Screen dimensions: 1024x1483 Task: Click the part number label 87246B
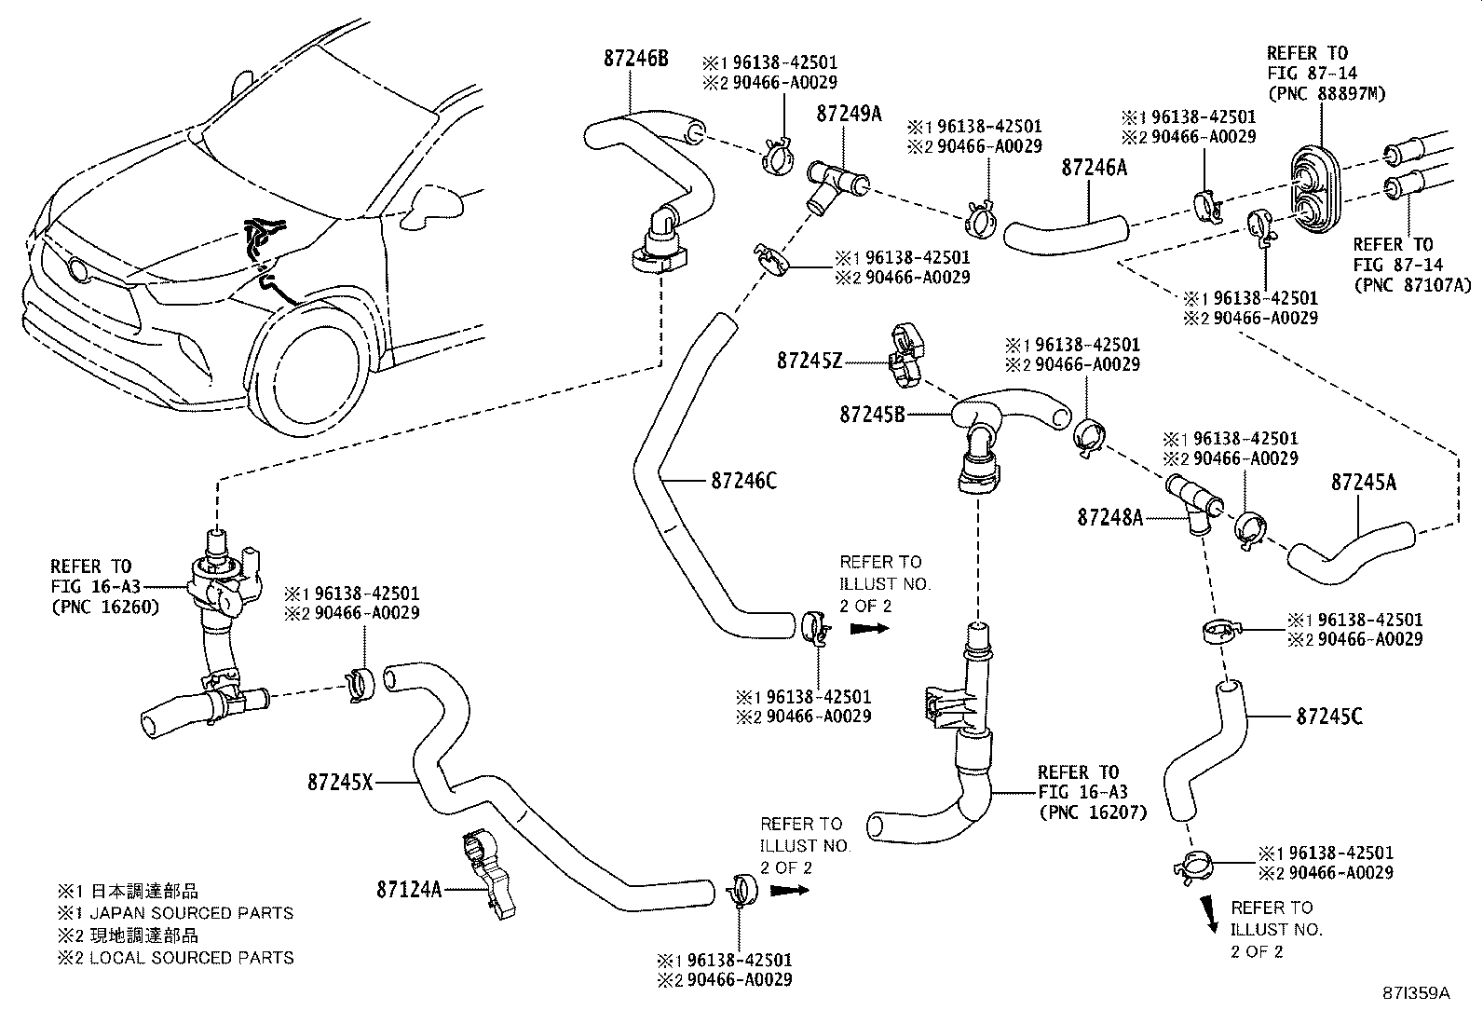click(635, 58)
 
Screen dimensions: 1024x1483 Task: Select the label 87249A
click(849, 114)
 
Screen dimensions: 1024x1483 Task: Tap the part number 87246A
click(1094, 167)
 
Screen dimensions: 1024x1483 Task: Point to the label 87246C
click(742, 481)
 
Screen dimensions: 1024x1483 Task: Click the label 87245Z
click(809, 360)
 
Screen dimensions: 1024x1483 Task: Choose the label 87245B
click(872, 414)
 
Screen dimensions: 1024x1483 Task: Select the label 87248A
click(1109, 517)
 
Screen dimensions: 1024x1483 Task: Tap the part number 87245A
click(1363, 482)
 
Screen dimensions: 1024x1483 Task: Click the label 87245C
click(1328, 717)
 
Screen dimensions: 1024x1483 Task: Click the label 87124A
click(409, 889)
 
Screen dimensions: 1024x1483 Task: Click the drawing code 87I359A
click(1418, 993)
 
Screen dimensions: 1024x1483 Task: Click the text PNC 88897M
click(1313, 93)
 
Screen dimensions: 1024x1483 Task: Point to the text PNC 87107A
click(1413, 285)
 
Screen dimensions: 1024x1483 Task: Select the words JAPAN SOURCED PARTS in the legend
click(191, 913)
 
